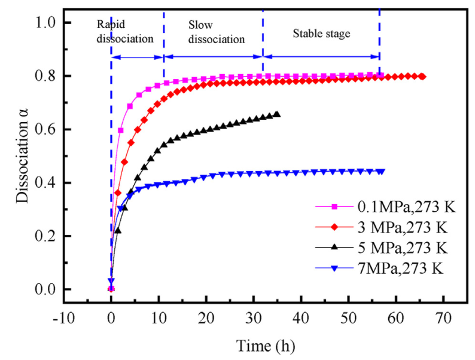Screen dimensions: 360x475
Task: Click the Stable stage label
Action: tap(321, 33)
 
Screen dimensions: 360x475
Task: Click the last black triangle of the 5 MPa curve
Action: tap(277, 114)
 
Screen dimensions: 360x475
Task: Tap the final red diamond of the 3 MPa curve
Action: tap(423, 77)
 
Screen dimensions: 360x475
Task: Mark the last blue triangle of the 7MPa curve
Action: tap(382, 172)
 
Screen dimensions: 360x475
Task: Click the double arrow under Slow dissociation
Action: tap(214, 57)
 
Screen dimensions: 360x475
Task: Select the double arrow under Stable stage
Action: tap(321, 57)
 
